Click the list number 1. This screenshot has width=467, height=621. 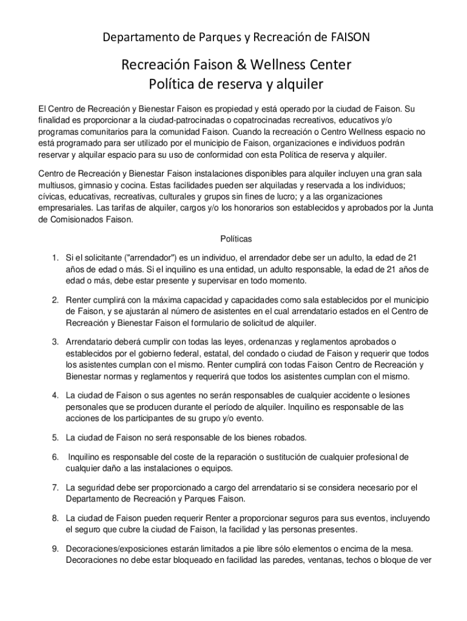55,258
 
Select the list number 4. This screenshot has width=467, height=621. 55,395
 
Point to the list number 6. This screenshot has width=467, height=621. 55,457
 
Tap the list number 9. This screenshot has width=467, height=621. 55,549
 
